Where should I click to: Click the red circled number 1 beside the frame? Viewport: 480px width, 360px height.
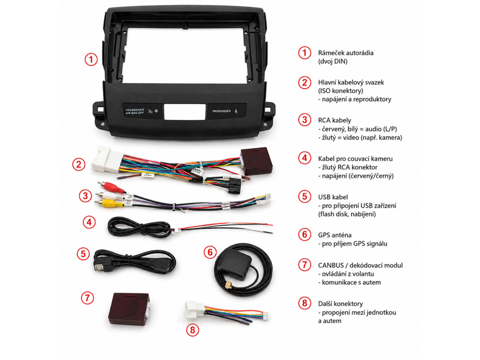pos(91,60)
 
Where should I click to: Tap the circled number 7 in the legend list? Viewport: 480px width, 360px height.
pos(305,265)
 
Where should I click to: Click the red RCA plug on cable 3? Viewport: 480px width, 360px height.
pos(115,189)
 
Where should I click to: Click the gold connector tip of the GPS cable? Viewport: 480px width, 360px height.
pos(228,285)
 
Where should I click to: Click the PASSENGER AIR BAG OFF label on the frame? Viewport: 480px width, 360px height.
pos(134,111)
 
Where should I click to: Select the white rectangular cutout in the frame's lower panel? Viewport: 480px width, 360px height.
pos(184,111)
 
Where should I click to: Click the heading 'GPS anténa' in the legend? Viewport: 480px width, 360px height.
pos(335,235)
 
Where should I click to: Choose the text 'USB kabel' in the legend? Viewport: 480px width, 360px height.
pos(333,197)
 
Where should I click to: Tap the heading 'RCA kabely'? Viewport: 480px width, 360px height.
pos(334,120)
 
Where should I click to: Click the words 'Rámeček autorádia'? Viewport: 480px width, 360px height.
pos(345,52)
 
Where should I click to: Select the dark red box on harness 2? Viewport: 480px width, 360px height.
pos(256,161)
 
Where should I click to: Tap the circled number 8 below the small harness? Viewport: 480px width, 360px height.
pos(192,330)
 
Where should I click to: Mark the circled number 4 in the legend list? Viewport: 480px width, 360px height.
pos(305,158)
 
